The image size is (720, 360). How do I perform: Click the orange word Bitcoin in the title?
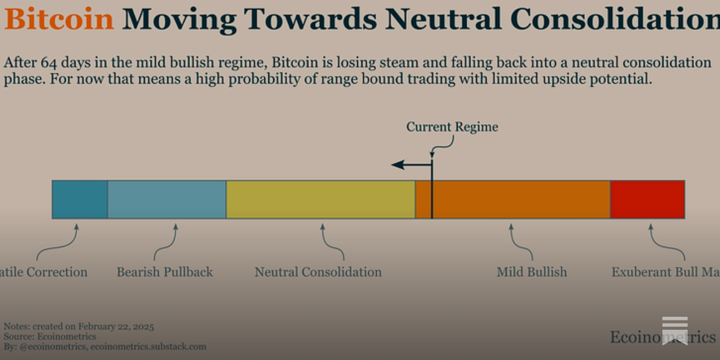(59, 19)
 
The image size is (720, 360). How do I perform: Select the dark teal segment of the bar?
(80, 200)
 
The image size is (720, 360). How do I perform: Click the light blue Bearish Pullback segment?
(166, 200)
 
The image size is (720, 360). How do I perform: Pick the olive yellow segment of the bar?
(320, 200)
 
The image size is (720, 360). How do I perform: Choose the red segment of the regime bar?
(648, 200)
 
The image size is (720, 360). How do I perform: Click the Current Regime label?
(452, 127)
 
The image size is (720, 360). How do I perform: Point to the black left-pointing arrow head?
(397, 165)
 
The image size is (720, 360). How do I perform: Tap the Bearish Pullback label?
(165, 272)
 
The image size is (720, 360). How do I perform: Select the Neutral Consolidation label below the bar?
(318, 272)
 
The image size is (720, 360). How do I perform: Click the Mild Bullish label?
(531, 272)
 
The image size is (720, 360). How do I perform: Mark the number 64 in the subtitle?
(49, 62)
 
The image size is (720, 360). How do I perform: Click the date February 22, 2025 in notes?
(116, 327)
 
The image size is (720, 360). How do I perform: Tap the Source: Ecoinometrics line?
(50, 337)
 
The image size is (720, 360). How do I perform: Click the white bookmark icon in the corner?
(675, 330)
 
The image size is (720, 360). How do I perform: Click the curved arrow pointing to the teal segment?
(58, 243)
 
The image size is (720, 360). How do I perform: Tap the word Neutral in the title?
(443, 19)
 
